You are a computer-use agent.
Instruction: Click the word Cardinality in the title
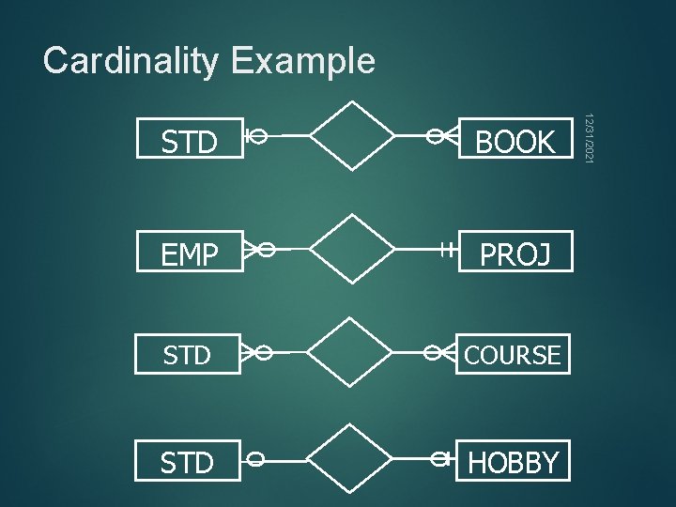131,61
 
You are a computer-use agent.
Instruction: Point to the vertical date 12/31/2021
588,140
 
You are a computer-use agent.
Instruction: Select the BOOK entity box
515,142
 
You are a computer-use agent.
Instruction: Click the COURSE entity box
515,355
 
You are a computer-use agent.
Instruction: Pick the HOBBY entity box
515,461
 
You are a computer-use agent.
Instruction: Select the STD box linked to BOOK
189,142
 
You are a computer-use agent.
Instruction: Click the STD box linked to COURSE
189,355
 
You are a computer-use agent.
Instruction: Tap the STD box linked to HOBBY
189,461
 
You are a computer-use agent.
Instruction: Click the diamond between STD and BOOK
352,135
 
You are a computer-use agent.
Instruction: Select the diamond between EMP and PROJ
352,249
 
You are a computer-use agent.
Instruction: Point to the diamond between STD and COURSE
352,352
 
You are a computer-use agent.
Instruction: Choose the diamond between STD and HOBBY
352,459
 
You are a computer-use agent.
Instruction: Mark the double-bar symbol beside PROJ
445,250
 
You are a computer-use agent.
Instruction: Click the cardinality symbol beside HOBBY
441,459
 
